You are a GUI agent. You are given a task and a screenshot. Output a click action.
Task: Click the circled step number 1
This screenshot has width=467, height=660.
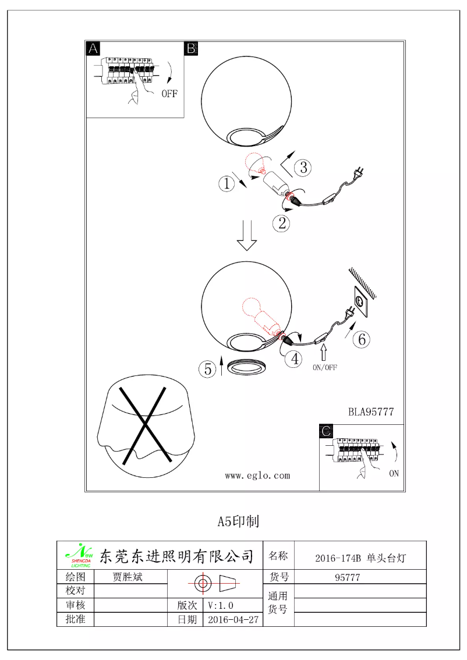click(x=226, y=184)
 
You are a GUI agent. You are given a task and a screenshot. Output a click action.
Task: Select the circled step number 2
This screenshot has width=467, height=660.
click(x=281, y=223)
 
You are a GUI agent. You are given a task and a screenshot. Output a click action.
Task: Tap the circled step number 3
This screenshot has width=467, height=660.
click(x=302, y=168)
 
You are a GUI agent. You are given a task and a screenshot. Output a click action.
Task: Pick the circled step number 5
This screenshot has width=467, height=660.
click(x=207, y=368)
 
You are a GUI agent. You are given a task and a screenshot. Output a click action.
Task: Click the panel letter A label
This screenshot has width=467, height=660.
click(x=93, y=49)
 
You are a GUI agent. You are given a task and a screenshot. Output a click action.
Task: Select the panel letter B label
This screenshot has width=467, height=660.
click(x=191, y=49)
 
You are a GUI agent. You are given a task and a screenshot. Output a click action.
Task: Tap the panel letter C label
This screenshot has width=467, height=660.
click(x=327, y=431)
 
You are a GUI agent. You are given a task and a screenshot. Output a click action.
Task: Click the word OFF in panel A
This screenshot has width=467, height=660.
click(x=169, y=94)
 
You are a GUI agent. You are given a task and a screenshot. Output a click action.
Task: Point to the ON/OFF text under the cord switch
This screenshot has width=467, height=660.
click(x=325, y=367)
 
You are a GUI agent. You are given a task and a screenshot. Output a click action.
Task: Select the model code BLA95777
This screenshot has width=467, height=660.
click(x=371, y=412)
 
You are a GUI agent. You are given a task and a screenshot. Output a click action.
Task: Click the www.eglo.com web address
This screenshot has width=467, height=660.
click(x=257, y=476)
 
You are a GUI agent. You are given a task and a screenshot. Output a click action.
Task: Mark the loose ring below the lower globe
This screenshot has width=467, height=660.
click(x=247, y=367)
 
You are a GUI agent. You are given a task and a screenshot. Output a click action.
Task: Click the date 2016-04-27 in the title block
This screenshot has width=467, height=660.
click(x=233, y=620)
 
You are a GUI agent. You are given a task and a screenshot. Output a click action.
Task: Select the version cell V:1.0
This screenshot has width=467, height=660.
click(x=221, y=605)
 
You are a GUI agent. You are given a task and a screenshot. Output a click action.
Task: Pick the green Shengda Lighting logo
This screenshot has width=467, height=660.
click(x=77, y=556)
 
